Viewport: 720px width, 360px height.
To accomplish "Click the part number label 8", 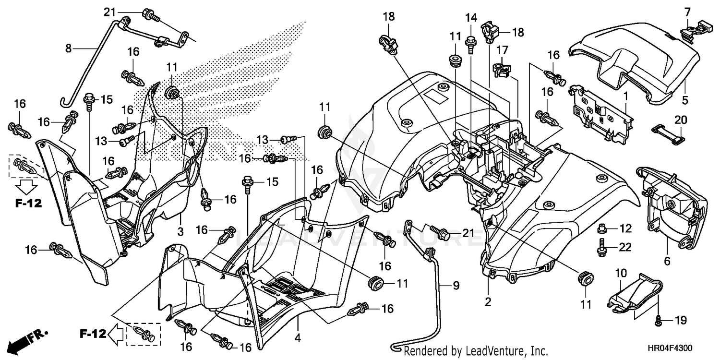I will pos(68,48).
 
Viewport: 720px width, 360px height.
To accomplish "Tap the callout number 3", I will pos(180,232).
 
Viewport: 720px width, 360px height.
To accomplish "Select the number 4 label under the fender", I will pos(298,338).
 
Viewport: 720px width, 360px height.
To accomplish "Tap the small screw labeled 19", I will pos(659,320).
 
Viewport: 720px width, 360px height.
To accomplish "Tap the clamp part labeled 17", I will pos(501,68).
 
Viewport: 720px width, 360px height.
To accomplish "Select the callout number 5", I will pos(685,101).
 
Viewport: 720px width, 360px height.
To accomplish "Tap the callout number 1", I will pos(625,96).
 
